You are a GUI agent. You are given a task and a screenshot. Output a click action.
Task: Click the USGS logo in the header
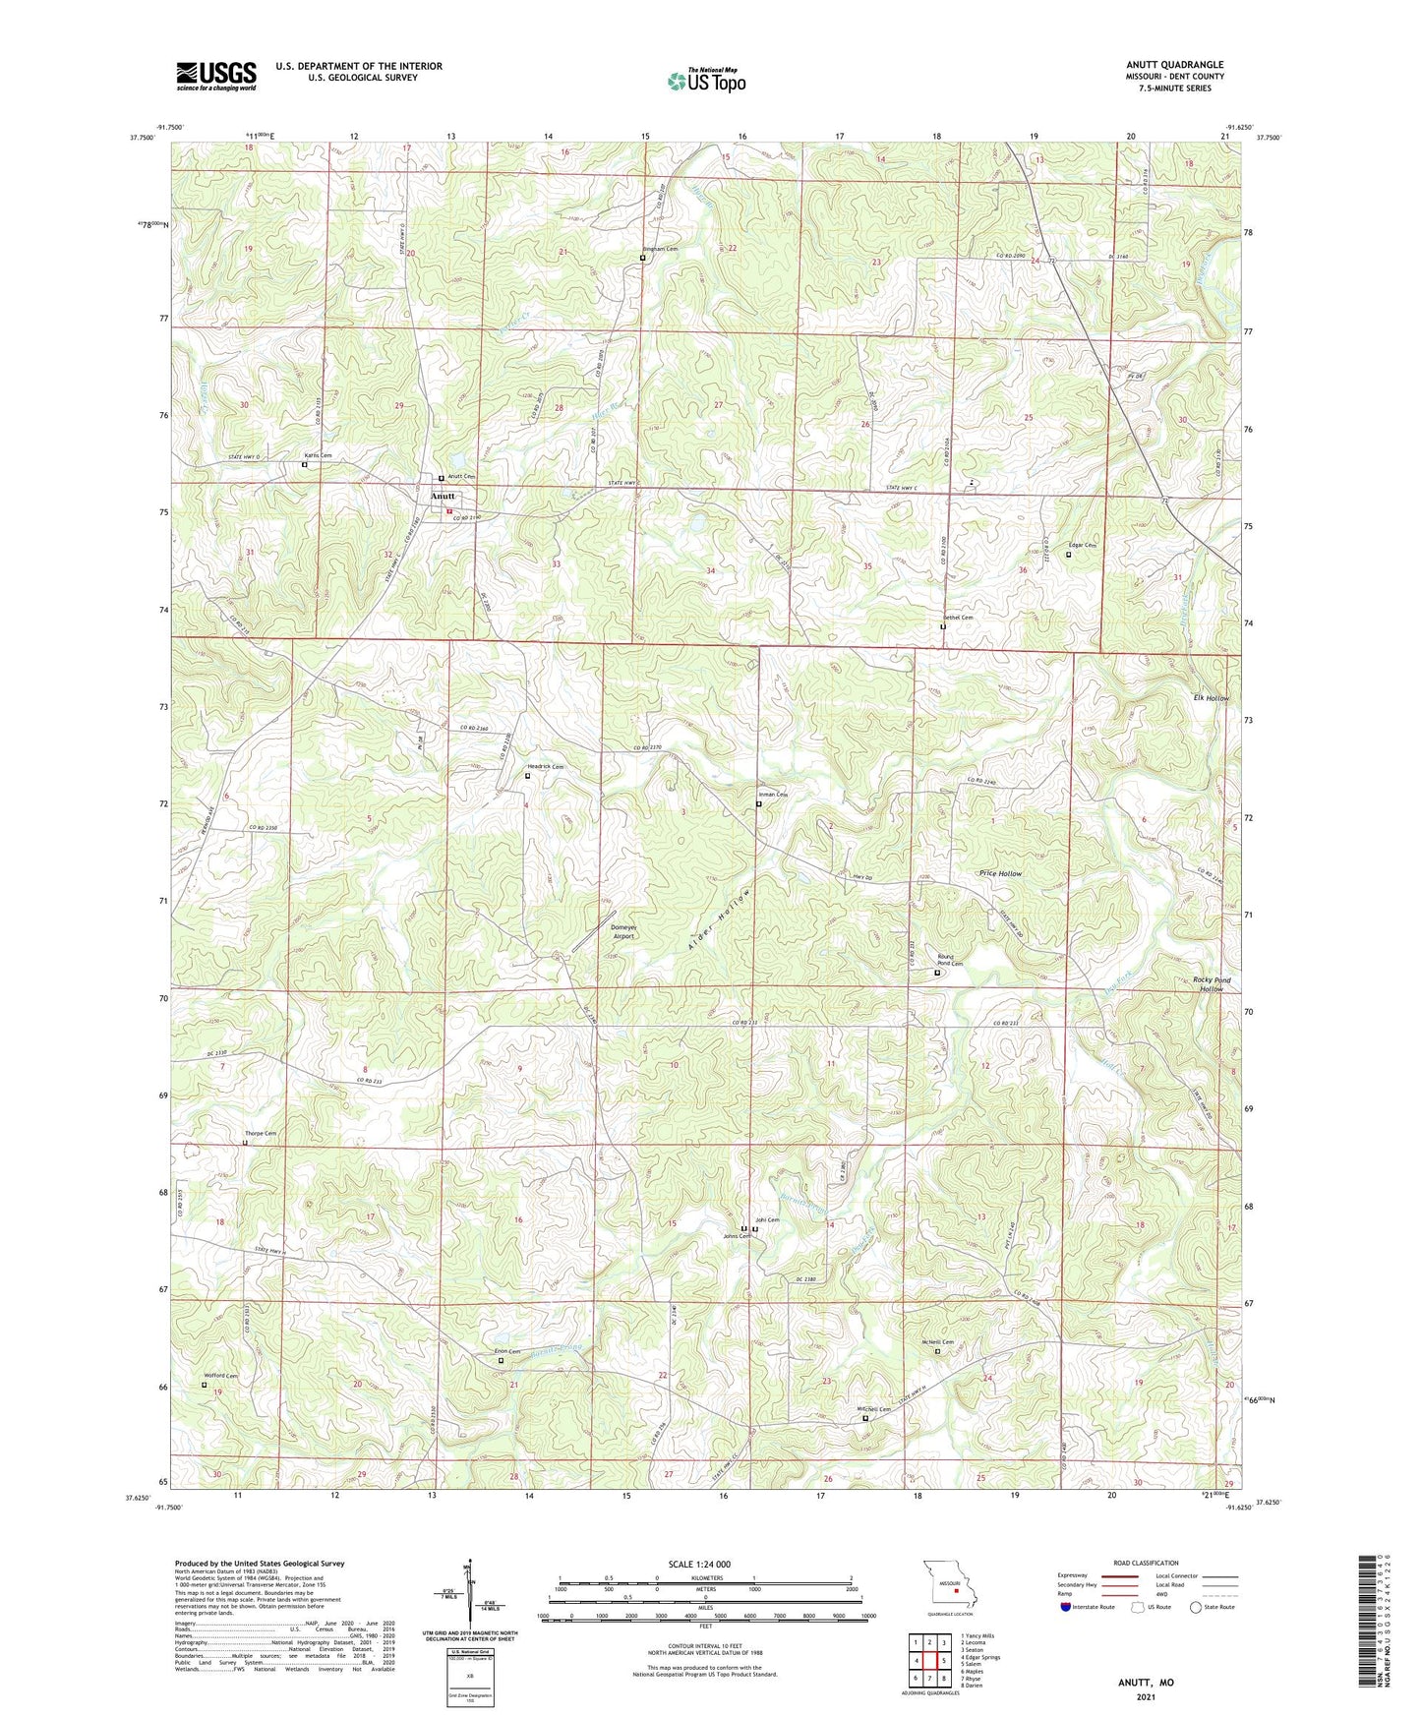216,76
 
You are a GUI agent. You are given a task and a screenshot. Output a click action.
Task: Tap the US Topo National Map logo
706,81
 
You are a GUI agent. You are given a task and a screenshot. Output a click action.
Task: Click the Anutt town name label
443,497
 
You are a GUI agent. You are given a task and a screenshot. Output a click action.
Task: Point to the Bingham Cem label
660,249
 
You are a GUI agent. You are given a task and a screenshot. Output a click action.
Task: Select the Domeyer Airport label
623,931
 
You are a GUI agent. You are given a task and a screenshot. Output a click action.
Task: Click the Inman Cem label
773,795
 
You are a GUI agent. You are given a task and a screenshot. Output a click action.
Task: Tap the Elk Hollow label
1211,698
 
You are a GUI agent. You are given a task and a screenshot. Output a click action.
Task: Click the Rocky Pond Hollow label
1211,984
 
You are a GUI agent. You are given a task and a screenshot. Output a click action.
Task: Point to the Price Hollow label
1000,873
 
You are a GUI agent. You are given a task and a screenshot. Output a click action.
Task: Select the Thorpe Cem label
261,1134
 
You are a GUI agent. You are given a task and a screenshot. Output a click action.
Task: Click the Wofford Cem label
220,1376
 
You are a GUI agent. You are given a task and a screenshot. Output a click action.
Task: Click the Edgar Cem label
1082,545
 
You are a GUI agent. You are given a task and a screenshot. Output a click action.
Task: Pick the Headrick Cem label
546,766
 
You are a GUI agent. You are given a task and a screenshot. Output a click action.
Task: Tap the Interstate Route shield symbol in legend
1067,1607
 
